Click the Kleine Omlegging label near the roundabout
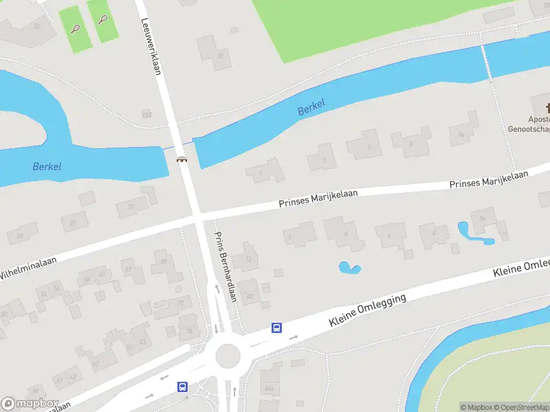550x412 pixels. pyautogui.click(x=367, y=310)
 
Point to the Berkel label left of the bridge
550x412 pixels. pyautogui.click(x=47, y=166)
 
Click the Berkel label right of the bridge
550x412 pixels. pyautogui.click(x=311, y=107)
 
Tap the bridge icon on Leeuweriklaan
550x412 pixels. pyautogui.click(x=182, y=159)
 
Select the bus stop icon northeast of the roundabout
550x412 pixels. pyautogui.click(x=276, y=328)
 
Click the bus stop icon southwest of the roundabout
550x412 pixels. pyautogui.click(x=182, y=387)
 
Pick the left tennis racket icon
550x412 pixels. pyautogui.click(x=76, y=29)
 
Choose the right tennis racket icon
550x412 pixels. pyautogui.click(x=102, y=19)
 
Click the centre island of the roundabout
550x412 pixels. pyautogui.click(x=228, y=356)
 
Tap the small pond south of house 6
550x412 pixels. pyautogui.click(x=349, y=267)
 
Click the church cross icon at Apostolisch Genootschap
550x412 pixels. pyautogui.click(x=548, y=108)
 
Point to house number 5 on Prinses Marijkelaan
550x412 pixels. pyautogui.click(x=364, y=145)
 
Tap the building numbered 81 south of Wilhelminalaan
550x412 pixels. pyautogui.click(x=164, y=262)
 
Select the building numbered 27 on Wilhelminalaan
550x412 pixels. pyautogui.click(x=74, y=221)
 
